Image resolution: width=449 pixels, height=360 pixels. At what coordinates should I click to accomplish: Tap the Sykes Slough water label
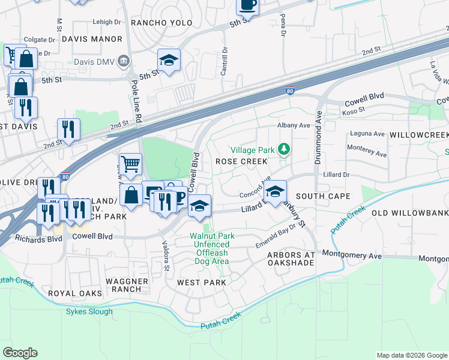[x=89, y=311]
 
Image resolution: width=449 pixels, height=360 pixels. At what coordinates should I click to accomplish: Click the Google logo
[x=20, y=353]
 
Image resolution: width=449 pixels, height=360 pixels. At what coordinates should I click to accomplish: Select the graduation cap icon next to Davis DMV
[x=169, y=60]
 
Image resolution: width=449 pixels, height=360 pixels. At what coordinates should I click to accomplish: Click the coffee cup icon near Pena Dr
[x=247, y=5]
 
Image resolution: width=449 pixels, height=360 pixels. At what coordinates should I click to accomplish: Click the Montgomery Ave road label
[x=352, y=255]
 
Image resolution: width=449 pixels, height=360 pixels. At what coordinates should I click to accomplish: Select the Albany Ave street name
[x=293, y=125]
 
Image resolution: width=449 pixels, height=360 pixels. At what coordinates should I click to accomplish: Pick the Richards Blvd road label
[x=39, y=238]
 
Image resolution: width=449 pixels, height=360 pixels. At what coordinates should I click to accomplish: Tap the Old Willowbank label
[x=410, y=213]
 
